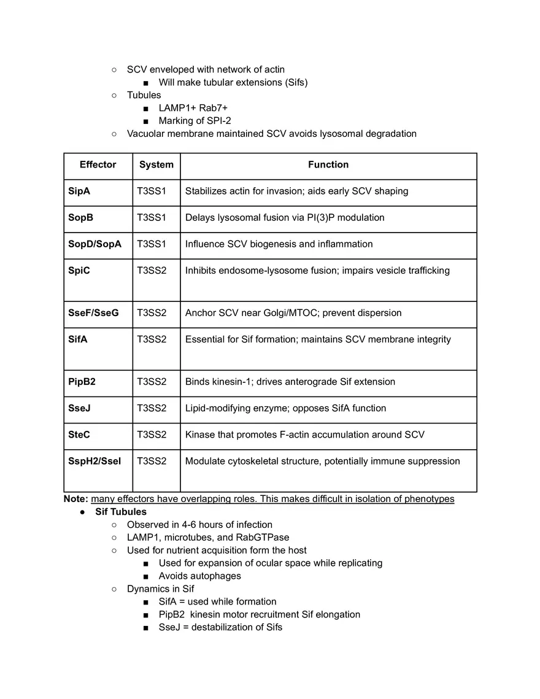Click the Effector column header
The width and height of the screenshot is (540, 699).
coord(98,164)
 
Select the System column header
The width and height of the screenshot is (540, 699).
coord(156,164)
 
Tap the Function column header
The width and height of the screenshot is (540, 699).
coord(328,164)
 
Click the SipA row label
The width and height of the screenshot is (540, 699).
coord(79,191)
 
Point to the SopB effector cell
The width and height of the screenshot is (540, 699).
coord(81,217)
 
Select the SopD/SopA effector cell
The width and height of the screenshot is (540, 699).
coord(94,244)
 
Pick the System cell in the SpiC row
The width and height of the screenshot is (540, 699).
coord(152,270)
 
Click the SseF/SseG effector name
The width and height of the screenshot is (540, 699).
coord(93,312)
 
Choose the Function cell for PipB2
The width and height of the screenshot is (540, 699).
coord(290,382)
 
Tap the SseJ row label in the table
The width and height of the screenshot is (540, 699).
coord(79,408)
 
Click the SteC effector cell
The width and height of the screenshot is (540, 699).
coord(79,434)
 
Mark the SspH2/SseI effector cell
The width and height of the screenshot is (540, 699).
coord(94,461)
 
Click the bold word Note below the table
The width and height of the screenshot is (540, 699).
coord(76,498)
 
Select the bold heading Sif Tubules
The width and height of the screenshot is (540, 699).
coord(121,511)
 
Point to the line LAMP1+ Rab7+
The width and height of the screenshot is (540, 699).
coord(193,108)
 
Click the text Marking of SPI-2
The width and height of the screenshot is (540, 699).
coord(195,121)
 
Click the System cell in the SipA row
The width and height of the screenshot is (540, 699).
coord(152,191)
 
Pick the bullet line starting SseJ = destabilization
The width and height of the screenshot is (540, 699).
coord(220,627)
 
